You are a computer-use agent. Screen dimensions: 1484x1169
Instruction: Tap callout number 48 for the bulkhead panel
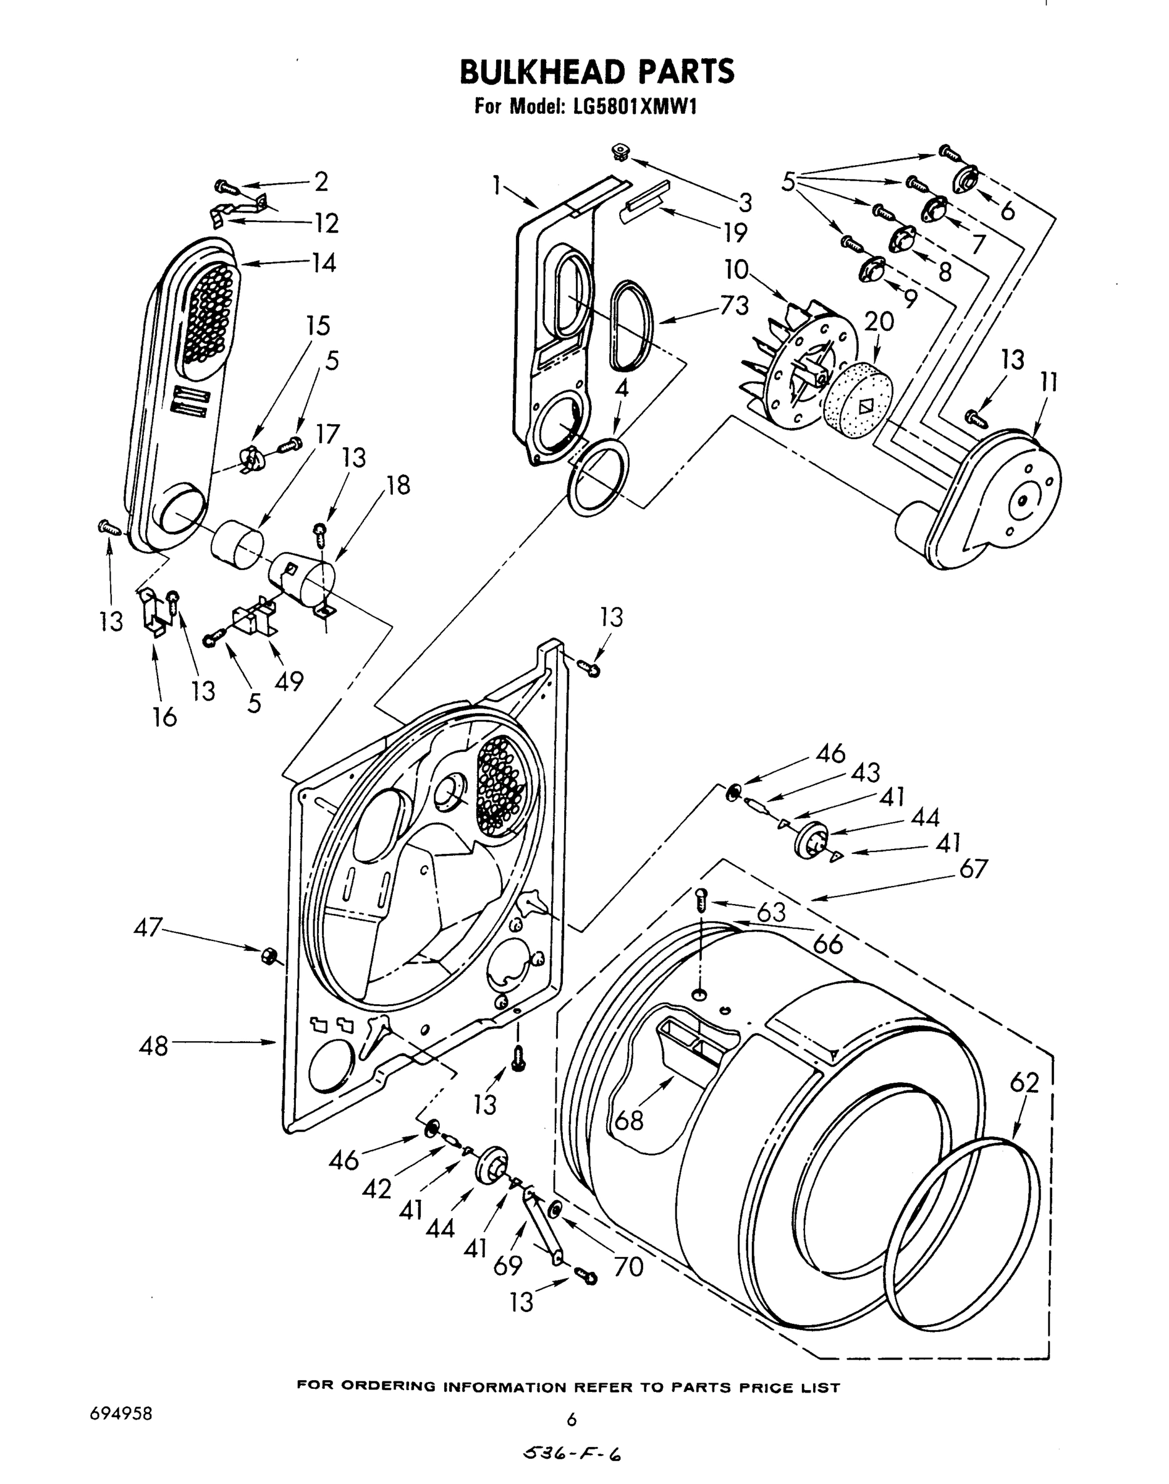[x=153, y=1046]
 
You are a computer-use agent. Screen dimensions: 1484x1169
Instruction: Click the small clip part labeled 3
[x=621, y=151]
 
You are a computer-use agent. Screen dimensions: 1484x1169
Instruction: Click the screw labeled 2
[x=224, y=185]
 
